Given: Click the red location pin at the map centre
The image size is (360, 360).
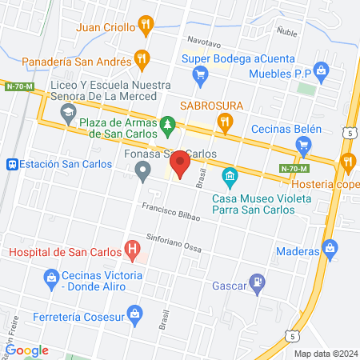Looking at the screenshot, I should (180, 166).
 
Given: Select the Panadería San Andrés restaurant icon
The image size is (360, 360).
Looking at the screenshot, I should (142, 58).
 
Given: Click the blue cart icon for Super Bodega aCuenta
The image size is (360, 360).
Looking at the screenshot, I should (201, 76).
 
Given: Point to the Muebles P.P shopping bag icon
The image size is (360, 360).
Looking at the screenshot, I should (322, 71).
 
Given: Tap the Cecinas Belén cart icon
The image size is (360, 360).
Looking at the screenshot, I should (303, 146).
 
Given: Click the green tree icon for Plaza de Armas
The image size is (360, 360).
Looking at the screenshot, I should (167, 124).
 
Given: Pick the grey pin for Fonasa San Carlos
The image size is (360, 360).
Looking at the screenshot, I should (143, 170).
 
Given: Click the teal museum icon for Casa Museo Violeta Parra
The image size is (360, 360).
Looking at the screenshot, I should (230, 175).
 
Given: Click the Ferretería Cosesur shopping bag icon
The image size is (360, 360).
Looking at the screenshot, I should (135, 311).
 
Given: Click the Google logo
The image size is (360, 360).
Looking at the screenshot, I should (27, 350).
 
